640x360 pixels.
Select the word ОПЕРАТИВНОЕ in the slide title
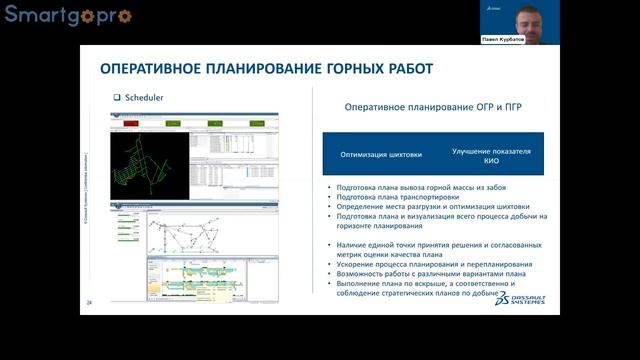tap(155, 69)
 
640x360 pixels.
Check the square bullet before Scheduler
tap(117, 98)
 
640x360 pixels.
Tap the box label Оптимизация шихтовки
tap(380, 155)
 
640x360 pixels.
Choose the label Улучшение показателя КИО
tap(490, 155)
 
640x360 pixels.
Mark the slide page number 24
tap(89, 302)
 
